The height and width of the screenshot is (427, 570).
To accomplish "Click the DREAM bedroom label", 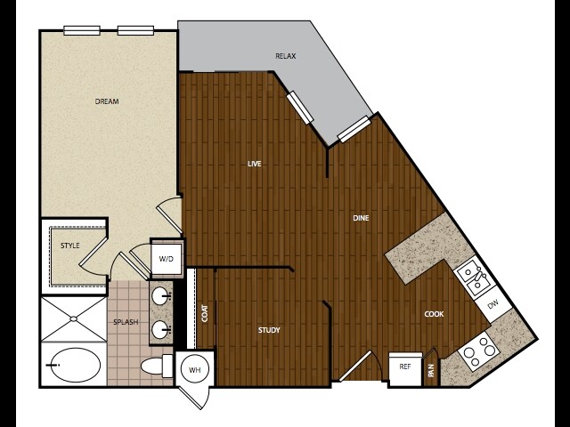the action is (107, 101).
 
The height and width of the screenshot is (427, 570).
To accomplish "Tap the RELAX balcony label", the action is (285, 56).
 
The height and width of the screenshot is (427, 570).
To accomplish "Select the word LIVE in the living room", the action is (255, 164).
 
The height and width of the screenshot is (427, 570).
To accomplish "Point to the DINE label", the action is (361, 218).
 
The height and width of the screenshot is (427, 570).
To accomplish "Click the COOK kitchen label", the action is (434, 314).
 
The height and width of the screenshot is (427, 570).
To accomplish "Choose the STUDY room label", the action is (269, 330).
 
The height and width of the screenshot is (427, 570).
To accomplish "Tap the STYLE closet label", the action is (69, 246).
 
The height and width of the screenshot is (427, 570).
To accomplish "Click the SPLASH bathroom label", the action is (126, 322).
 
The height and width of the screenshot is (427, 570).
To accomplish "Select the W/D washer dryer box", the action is (167, 259).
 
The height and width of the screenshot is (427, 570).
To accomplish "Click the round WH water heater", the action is (195, 370).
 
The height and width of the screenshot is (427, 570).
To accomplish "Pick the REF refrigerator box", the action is (405, 368).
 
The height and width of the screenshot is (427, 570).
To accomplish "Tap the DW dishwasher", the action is (493, 304).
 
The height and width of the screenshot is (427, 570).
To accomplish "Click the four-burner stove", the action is (479, 351).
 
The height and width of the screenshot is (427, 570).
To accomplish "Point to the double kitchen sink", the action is (473, 276).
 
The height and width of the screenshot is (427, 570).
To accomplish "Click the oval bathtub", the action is (74, 365).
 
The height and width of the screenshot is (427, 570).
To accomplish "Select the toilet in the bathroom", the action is (157, 366).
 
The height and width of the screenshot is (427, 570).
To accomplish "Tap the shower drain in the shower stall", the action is (73, 318).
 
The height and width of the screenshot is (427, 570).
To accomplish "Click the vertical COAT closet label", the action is (205, 313).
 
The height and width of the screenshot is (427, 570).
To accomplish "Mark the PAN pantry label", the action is (431, 370).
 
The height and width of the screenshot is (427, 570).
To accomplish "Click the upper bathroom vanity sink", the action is (160, 296).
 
